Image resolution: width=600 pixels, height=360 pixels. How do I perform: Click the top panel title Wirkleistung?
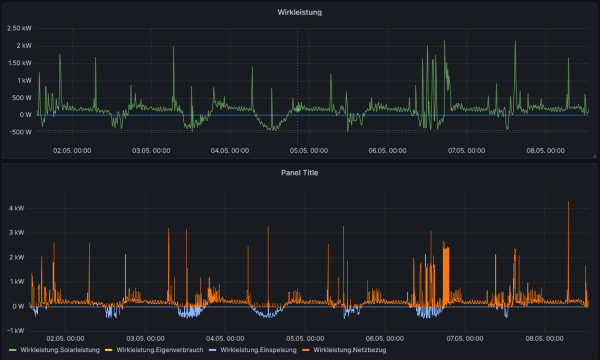point(299,12)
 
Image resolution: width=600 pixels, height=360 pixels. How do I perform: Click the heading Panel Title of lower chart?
point(299,171)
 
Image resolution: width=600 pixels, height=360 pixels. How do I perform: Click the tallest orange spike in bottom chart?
point(568,203)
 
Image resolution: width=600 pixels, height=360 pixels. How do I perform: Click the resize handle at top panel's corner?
point(593,157)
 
